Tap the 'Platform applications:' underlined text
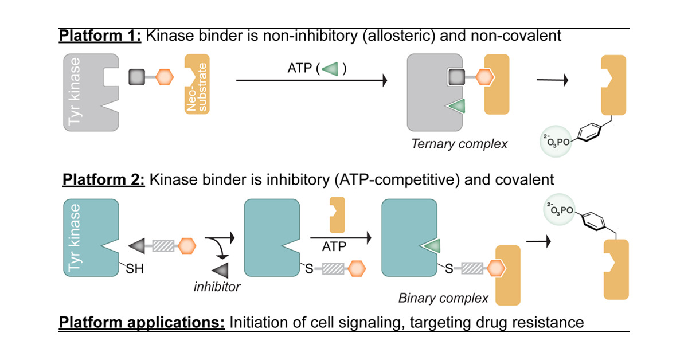point(141,322)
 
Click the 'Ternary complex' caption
point(459,143)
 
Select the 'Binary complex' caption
point(443,298)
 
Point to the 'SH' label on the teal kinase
point(134,266)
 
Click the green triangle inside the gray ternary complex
point(457,106)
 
